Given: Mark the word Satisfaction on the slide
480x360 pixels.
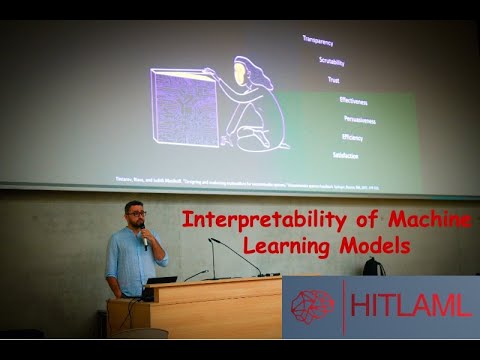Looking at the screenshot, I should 343,156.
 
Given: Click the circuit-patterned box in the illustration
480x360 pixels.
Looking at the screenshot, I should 184,107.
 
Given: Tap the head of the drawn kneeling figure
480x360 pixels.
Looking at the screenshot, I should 243,73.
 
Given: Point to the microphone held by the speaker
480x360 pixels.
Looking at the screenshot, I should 145,239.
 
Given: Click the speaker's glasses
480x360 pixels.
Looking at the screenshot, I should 137,215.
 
